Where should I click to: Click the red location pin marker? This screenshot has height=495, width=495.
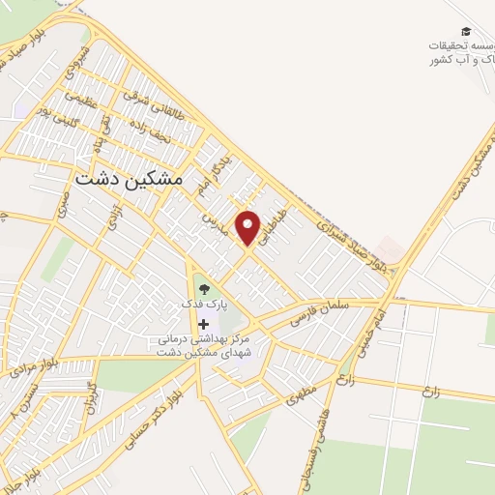[248, 227]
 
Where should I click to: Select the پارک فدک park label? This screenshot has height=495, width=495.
[204, 304]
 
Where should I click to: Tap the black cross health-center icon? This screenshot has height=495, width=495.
[202, 324]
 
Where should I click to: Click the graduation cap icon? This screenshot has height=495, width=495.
[466, 31]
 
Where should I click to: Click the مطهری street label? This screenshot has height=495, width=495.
[301, 393]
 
